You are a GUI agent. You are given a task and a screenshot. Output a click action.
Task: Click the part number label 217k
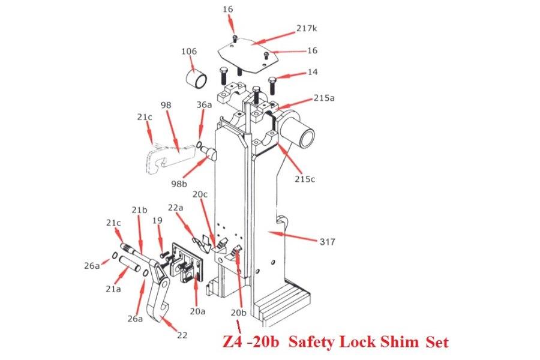click(307, 29)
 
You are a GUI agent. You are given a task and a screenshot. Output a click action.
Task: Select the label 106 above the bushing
click(189, 52)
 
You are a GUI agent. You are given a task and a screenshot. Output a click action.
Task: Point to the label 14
click(312, 73)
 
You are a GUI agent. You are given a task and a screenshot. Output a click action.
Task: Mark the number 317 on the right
click(328, 242)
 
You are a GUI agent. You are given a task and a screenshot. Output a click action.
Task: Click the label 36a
click(204, 104)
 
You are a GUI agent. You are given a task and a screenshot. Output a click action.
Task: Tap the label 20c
click(200, 194)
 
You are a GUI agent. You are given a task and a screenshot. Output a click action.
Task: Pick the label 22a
click(175, 207)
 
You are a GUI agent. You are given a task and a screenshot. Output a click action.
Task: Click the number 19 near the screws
click(157, 221)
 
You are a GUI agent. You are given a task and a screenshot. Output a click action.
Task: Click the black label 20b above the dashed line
click(239, 313)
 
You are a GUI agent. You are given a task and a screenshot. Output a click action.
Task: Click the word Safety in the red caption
click(312, 343)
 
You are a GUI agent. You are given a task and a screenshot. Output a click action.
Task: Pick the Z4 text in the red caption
click(230, 343)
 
